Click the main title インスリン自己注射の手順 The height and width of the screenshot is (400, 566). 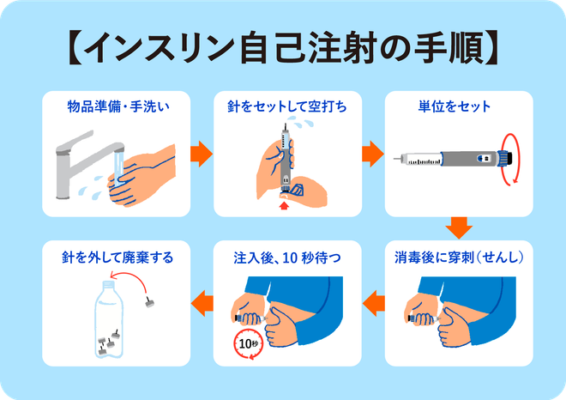[283, 49]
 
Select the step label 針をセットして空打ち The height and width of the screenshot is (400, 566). [283, 107]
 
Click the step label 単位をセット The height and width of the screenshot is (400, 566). [455, 107]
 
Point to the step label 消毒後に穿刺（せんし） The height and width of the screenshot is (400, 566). [459, 257]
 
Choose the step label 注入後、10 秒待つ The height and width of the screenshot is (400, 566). [283, 257]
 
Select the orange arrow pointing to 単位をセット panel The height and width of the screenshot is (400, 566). [371, 154]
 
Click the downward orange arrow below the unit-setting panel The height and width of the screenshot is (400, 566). [460, 228]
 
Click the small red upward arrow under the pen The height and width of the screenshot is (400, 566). [284, 205]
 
